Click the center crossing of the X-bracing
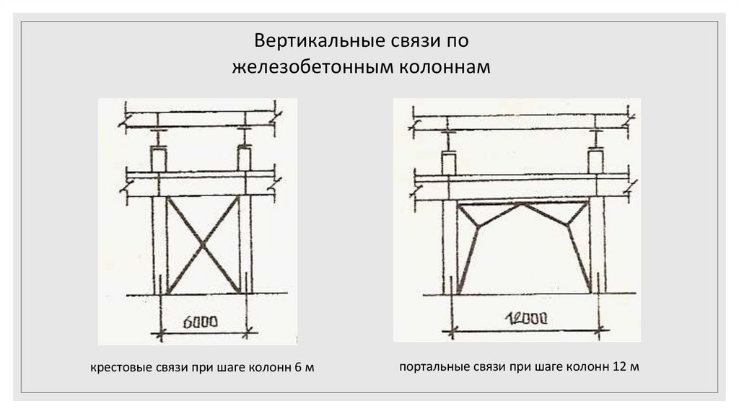204,245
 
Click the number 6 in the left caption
299,369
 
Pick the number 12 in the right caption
618,367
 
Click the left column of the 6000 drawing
159,245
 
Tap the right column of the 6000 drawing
246,245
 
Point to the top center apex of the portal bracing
522,205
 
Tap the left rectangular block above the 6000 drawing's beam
159,158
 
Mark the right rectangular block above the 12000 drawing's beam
596,160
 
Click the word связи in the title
400,40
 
